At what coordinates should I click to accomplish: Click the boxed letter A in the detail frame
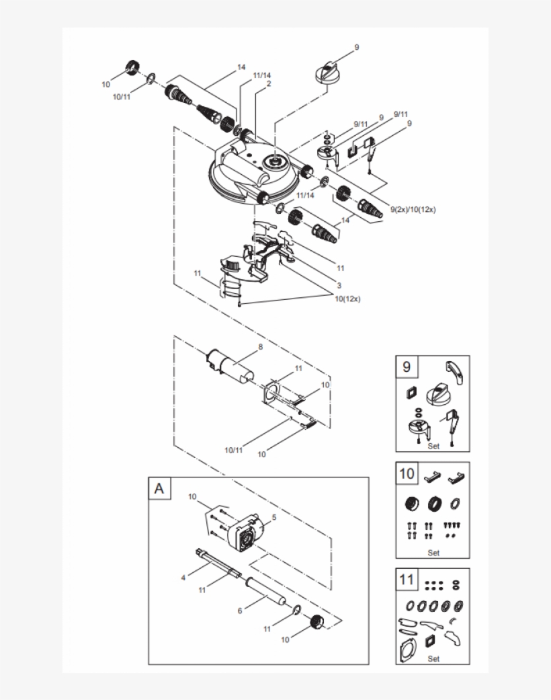point(159,489)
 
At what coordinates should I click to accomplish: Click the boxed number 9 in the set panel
point(407,367)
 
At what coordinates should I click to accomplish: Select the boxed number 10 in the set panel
point(407,473)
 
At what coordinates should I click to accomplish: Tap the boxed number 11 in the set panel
point(407,579)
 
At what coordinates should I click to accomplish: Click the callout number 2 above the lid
point(269,84)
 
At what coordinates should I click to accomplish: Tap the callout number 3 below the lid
point(340,285)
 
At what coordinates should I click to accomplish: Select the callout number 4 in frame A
point(183,577)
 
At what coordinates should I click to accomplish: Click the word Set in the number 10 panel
point(433,553)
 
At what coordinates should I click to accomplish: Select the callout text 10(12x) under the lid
point(348,299)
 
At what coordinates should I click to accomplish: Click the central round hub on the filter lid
point(275,162)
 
